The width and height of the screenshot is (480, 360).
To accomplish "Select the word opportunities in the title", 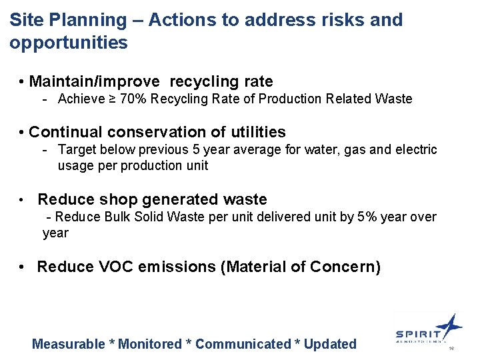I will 69,43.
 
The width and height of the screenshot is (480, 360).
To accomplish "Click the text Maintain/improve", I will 95,82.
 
